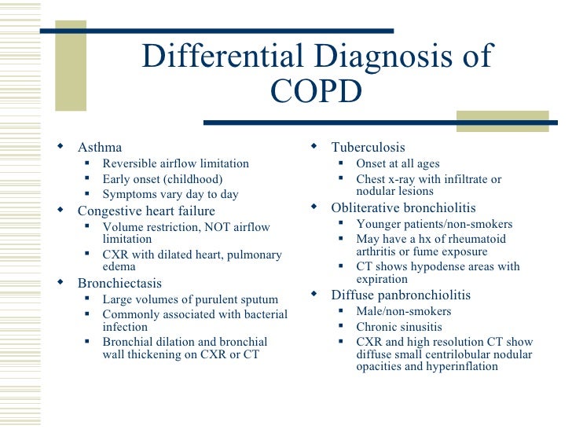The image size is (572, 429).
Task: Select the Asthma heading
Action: click(100, 147)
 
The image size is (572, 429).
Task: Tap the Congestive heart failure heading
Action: click(146, 211)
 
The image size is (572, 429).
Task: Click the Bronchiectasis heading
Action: click(119, 283)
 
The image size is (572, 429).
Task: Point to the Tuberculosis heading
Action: click(368, 147)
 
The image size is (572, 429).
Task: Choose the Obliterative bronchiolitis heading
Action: click(403, 207)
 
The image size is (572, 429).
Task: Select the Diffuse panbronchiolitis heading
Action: click(401, 295)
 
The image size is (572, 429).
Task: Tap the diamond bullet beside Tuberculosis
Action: click(313, 146)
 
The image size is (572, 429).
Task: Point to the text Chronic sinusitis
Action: click(398, 326)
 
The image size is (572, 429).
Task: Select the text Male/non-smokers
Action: click(403, 311)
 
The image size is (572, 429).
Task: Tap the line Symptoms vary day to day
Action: click(170, 194)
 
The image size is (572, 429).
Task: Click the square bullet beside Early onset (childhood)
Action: click(88, 179)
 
